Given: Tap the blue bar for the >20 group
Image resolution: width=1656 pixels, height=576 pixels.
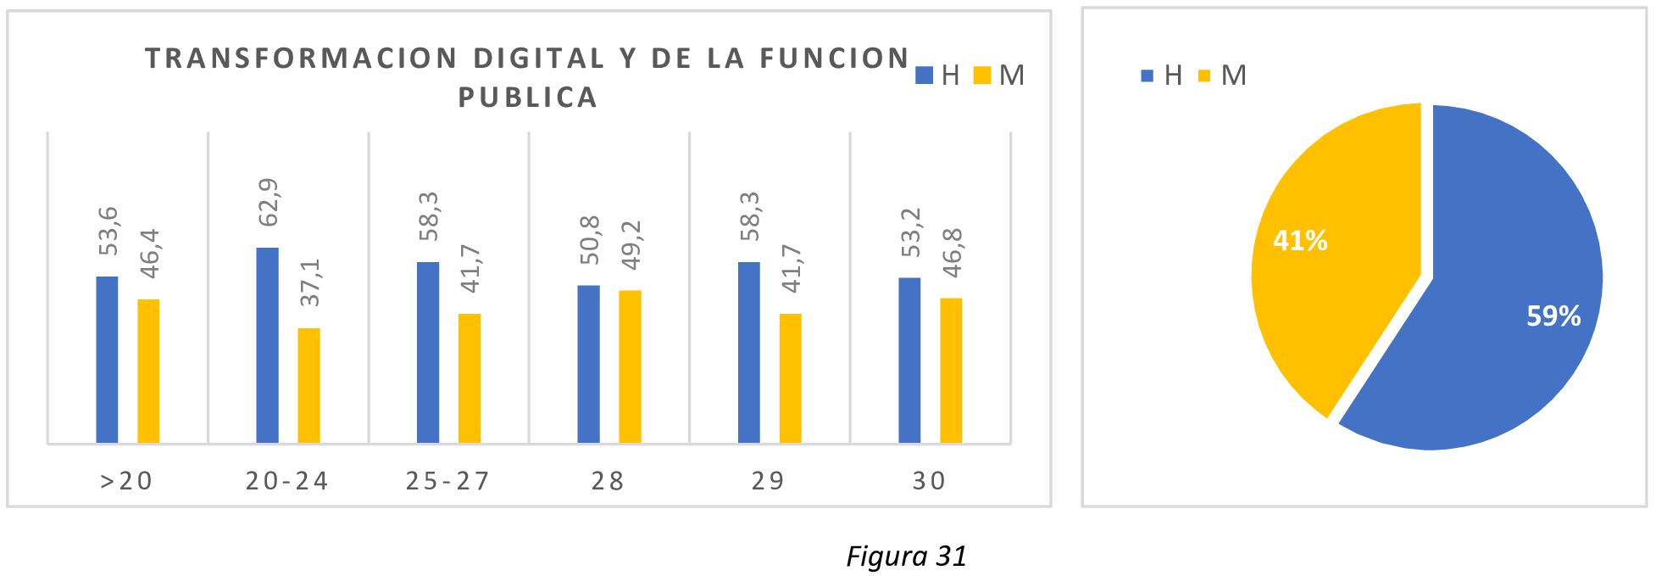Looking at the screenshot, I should coord(107,360).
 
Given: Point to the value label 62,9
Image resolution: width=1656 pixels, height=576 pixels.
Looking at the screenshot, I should coord(269,203).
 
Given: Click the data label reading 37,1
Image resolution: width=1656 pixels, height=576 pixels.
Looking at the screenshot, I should coord(310,282).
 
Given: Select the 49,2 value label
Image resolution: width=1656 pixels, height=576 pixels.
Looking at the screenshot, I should coord(631,245).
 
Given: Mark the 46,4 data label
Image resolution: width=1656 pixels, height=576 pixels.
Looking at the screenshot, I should coord(150,253).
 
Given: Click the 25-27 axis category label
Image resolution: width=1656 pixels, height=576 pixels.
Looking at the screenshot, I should coord(448,481).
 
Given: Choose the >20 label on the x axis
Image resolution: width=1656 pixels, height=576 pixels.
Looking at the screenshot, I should coord(127,481).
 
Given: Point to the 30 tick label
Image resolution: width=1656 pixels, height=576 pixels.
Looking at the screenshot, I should coord(930,481).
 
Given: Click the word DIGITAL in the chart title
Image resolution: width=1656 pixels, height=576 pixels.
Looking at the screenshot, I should coord(539,59).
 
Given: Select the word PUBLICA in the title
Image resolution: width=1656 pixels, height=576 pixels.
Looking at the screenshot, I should coord(528,98).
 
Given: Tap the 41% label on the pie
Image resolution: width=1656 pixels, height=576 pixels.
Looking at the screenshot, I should coord(1300,241).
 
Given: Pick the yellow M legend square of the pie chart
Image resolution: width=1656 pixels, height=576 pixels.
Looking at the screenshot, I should coord(1204,76).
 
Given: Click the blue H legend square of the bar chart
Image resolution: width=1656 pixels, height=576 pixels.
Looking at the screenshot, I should coord(925,75).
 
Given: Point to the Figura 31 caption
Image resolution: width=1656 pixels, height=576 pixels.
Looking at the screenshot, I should coord(906,556).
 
